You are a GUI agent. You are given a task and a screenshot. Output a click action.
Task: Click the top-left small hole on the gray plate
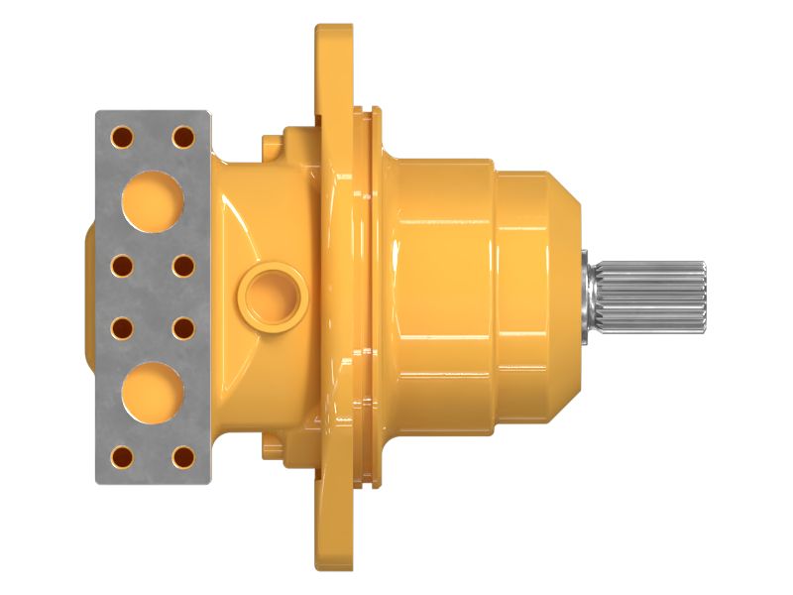122,136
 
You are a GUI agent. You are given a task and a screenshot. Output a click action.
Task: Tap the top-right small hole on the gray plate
182,136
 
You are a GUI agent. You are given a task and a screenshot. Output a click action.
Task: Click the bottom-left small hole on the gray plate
122,457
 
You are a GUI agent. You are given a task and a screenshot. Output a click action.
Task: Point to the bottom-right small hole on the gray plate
182,457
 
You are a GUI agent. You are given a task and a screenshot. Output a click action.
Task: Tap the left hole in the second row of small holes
122,267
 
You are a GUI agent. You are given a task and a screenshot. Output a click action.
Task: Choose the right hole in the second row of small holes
182,267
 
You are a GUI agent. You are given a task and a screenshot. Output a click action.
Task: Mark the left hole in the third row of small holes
122,326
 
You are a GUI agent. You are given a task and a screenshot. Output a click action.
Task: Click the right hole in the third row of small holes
182,326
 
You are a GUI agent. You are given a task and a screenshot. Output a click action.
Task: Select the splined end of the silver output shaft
659,296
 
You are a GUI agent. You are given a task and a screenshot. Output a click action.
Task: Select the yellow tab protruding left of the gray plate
89,296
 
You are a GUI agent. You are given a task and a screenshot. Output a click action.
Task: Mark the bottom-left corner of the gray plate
98,481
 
